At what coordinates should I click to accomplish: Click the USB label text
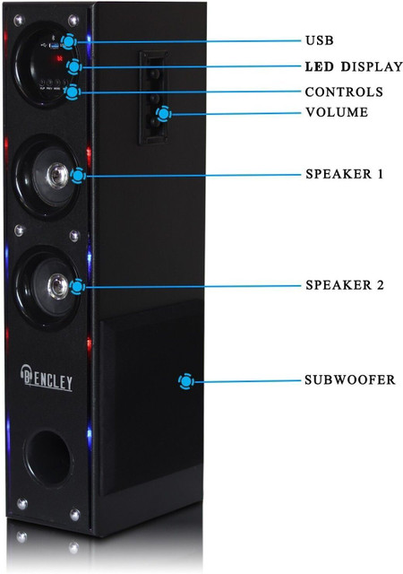(x=319, y=40)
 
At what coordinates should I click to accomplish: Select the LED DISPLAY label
(x=354, y=66)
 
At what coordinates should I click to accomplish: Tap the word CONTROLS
(x=344, y=91)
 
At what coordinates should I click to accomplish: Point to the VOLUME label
(x=337, y=112)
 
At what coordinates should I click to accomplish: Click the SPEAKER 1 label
(x=345, y=174)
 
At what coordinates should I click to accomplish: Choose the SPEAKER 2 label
(x=345, y=285)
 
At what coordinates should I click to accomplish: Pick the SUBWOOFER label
(x=350, y=379)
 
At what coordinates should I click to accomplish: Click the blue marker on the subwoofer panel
(x=186, y=381)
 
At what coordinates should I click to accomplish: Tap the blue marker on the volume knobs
(x=164, y=114)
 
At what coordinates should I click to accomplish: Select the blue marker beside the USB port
(x=69, y=41)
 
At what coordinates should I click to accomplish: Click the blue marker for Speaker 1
(x=78, y=176)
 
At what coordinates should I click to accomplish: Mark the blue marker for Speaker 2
(x=77, y=286)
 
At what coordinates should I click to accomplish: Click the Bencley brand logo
(x=46, y=378)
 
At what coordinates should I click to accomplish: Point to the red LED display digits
(x=59, y=58)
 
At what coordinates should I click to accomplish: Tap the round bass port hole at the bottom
(x=47, y=458)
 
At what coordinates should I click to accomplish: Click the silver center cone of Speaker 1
(x=58, y=176)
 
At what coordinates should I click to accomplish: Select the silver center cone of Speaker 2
(x=58, y=286)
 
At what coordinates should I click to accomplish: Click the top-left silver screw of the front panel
(x=18, y=20)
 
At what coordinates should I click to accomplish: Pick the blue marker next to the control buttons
(x=73, y=91)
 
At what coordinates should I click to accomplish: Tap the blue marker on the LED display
(x=74, y=66)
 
